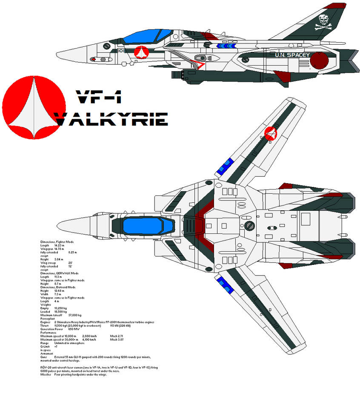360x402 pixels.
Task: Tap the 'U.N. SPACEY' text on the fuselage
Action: [x=291, y=55]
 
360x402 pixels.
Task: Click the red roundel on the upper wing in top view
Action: [x=270, y=134]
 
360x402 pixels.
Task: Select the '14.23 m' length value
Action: [x=60, y=245]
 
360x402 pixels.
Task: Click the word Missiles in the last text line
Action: [x=46, y=374]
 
